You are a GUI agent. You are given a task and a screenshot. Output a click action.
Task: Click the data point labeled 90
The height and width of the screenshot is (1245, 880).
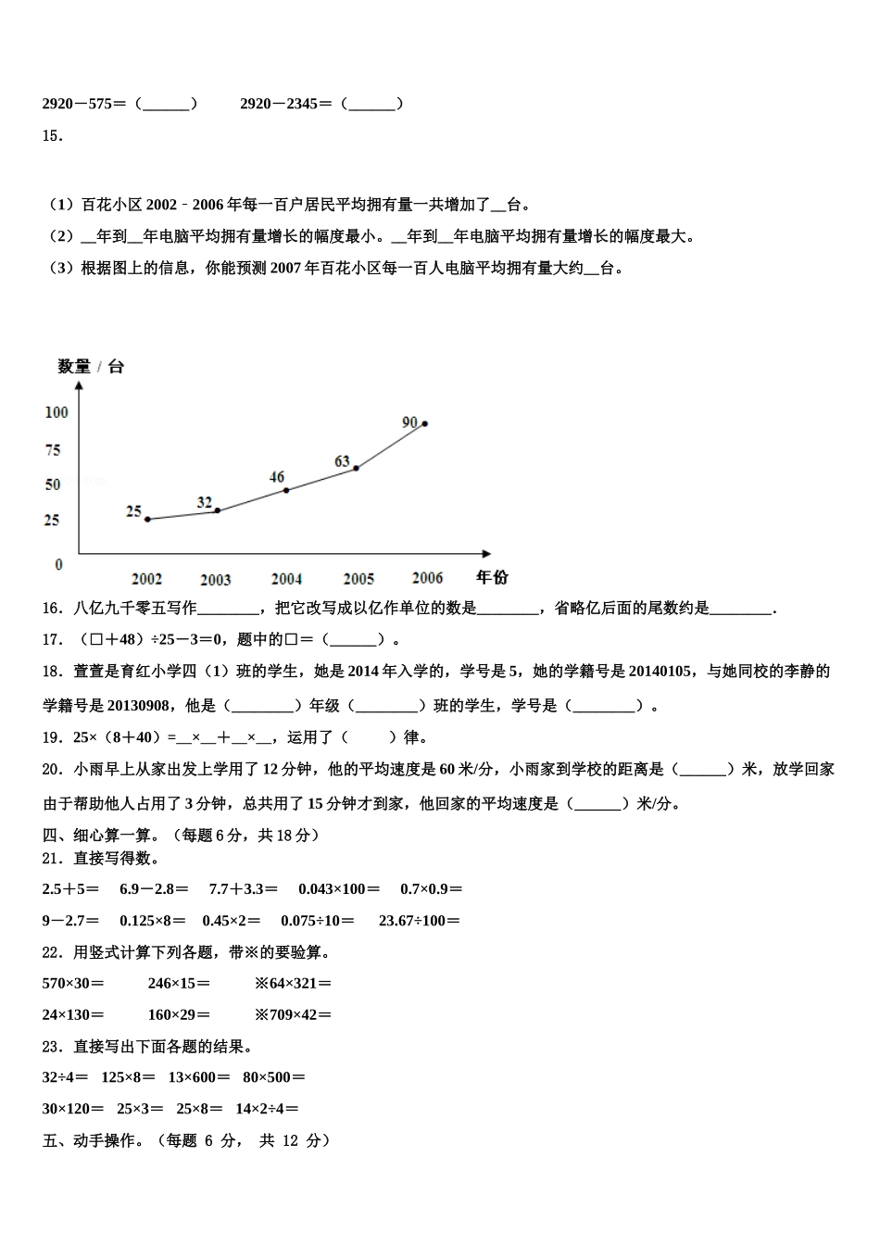tap(424, 423)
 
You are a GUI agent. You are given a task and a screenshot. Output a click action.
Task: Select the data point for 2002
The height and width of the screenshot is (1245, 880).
tap(147, 520)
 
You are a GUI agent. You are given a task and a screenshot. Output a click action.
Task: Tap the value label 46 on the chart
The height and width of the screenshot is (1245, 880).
tap(277, 477)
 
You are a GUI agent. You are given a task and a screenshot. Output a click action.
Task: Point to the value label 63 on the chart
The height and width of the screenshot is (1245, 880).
tap(342, 460)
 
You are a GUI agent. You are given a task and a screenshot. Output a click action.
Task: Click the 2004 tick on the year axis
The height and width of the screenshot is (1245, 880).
tap(286, 579)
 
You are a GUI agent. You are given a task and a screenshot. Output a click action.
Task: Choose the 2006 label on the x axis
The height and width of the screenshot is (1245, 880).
tap(427, 578)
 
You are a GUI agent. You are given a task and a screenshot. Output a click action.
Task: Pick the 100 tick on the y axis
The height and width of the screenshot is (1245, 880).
tap(57, 412)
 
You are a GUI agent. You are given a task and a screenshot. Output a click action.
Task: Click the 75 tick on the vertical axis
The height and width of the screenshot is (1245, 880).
tap(53, 450)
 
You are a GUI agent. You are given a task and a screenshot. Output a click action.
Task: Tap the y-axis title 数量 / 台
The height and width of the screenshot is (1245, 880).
tap(91, 367)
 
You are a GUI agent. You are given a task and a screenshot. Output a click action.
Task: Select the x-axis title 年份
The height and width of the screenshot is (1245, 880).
tap(492, 577)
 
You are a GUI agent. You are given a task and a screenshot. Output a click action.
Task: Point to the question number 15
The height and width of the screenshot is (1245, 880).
tap(52, 136)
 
